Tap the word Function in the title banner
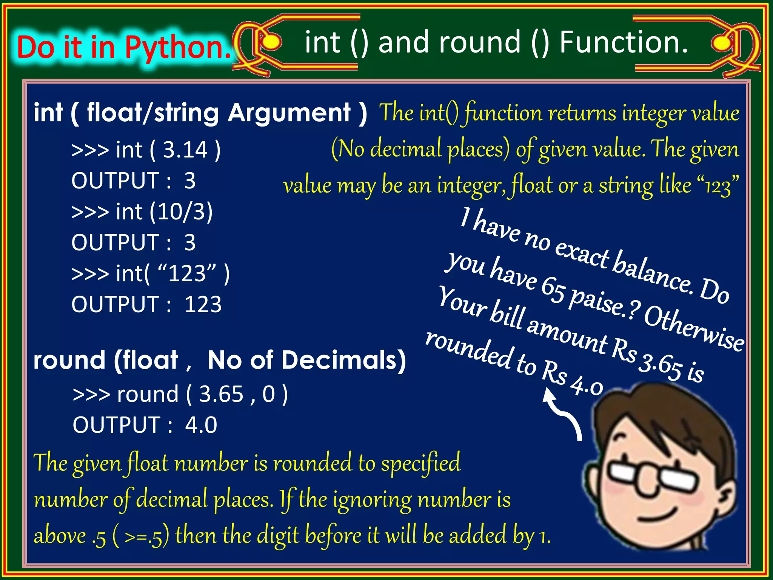click(623, 42)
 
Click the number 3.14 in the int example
click(185, 150)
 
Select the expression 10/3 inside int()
click(181, 211)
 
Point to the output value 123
click(203, 304)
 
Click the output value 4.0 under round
click(201, 425)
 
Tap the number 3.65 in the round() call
click(221, 394)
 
